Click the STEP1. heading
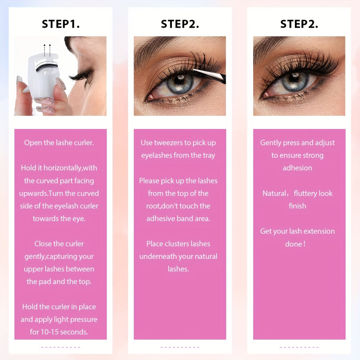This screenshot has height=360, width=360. [60, 24]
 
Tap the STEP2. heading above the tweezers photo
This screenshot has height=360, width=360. [180, 24]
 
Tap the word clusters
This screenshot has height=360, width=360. [174, 244]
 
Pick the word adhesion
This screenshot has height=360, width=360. [297, 168]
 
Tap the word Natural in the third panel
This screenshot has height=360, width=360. [274, 193]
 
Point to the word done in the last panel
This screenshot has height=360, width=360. [294, 244]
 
